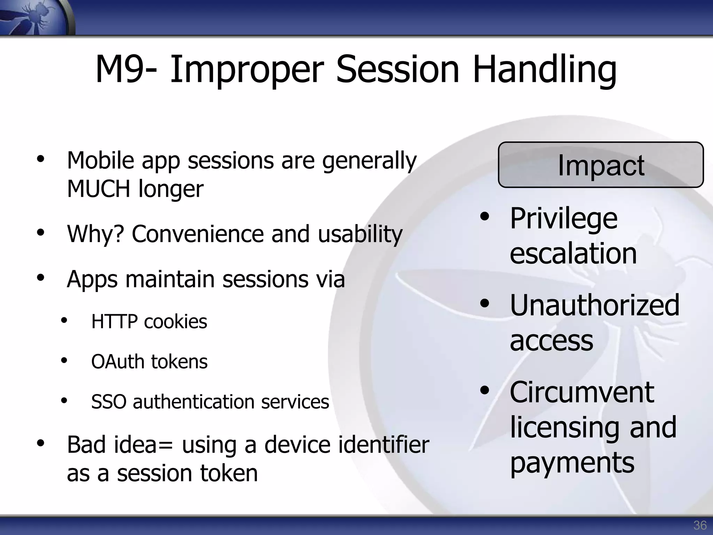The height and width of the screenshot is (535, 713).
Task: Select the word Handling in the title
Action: click(544, 70)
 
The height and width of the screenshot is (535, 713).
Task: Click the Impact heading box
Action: click(601, 165)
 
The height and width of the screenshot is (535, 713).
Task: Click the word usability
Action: click(360, 234)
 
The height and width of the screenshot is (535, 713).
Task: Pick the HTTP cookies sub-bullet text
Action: click(149, 321)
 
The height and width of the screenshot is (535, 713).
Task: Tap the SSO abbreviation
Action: click(108, 402)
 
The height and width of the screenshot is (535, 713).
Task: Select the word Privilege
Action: click(564, 219)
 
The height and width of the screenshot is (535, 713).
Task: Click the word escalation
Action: click(573, 253)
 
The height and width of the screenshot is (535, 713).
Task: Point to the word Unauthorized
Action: click(594, 305)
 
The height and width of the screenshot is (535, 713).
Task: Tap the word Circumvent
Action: click(582, 392)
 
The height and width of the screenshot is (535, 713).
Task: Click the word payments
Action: click(572, 463)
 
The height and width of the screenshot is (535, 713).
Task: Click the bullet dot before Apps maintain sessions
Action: click(41, 278)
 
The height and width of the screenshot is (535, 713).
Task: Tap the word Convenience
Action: click(198, 234)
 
